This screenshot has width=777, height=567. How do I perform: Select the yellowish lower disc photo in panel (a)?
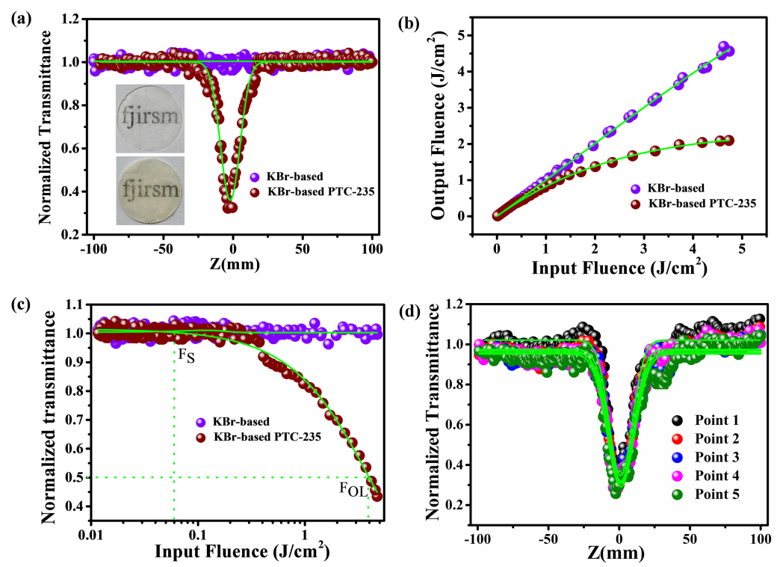[149, 190]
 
